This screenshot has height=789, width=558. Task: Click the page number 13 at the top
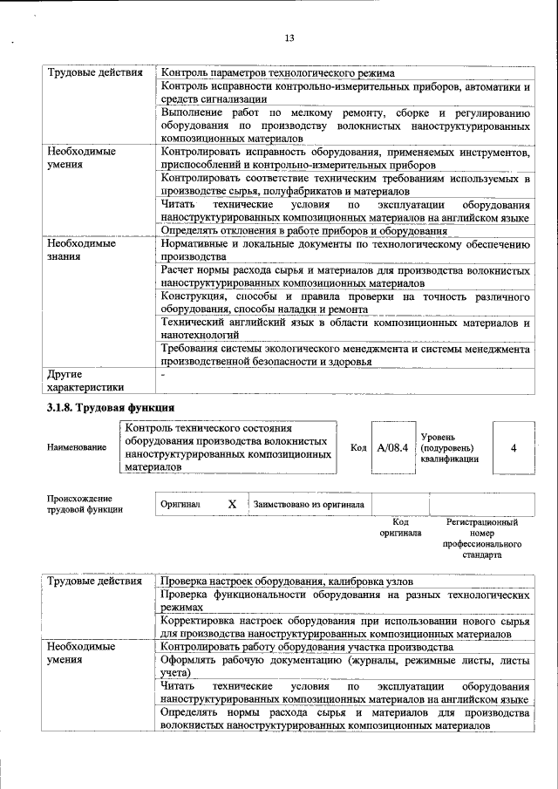[x=289, y=37]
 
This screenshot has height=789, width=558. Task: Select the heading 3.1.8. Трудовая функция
[x=111, y=407]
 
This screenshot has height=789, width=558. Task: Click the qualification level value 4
[x=514, y=447]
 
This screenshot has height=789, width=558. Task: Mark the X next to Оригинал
[x=232, y=504]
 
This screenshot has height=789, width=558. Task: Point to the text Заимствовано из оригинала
[x=309, y=504]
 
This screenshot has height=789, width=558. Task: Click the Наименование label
[x=77, y=447]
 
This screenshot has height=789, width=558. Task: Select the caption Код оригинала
[x=400, y=527]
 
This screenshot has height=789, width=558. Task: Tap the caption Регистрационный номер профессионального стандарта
[x=481, y=538]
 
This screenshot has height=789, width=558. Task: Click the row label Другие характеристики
[x=85, y=380]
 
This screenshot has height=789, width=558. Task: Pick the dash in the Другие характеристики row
[x=164, y=373]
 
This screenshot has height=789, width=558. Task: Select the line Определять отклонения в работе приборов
[x=304, y=231]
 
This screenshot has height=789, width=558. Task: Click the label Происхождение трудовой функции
[x=85, y=504]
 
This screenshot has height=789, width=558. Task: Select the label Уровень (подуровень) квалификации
[x=449, y=446]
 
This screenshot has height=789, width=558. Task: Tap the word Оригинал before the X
[x=181, y=504]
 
